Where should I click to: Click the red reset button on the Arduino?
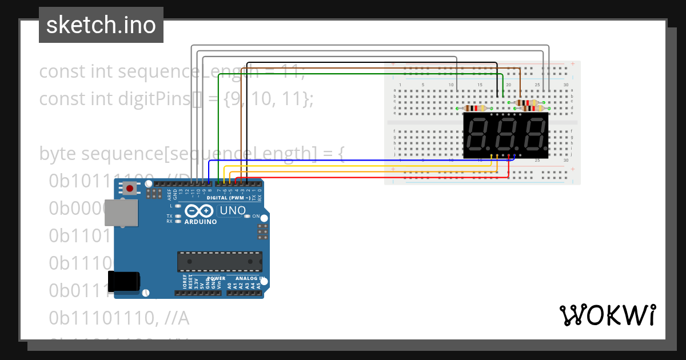point(131,189)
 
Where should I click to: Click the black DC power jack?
point(124,281)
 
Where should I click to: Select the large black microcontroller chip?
point(220,261)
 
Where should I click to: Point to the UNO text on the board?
point(232,211)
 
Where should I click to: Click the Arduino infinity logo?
point(200,211)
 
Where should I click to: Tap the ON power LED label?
point(256,217)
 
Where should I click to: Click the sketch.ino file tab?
point(101,25)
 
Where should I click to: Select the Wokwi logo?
point(607,315)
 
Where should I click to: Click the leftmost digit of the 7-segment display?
point(478,135)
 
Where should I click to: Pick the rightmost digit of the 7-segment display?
point(535,135)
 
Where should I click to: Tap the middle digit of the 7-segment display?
point(506,135)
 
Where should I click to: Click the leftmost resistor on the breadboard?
point(474,108)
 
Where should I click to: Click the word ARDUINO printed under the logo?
point(200,222)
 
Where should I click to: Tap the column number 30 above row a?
point(565,85)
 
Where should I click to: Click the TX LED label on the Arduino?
point(169,216)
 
